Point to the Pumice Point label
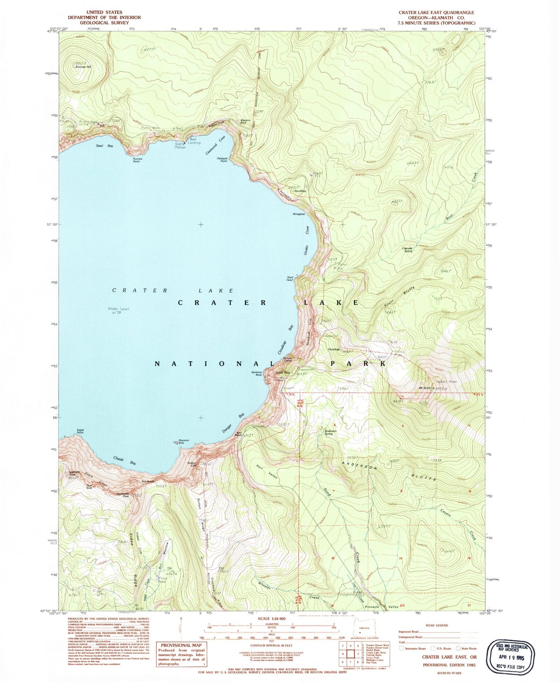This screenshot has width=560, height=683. point(137,160)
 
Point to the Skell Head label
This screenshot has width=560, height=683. point(290,278)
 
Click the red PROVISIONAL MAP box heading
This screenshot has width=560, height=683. point(181,645)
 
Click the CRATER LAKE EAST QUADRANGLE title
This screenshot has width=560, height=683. point(436,12)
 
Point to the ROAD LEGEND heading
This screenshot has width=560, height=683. point(436,625)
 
